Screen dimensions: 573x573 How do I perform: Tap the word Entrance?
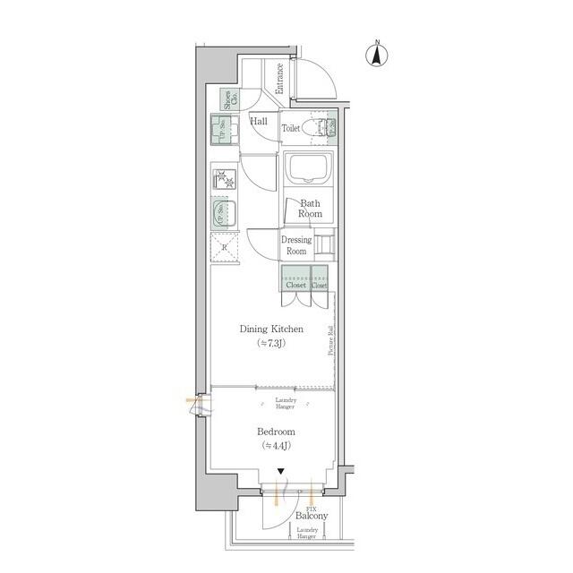(279, 78)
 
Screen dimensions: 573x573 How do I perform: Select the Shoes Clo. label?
(229, 98)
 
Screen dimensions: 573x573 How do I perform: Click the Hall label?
(259, 121)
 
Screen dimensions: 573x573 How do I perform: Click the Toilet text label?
(291, 129)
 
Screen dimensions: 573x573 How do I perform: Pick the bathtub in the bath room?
(308, 167)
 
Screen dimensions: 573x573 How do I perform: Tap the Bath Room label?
(311, 209)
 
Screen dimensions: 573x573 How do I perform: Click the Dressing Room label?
(296, 245)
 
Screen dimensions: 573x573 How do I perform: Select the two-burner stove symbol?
(224, 179)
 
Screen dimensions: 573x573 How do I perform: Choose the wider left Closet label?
(295, 285)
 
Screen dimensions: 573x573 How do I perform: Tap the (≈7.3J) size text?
(271, 343)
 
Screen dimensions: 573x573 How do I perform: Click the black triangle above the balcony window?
(281, 473)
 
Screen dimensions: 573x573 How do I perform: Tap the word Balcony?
(311, 517)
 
